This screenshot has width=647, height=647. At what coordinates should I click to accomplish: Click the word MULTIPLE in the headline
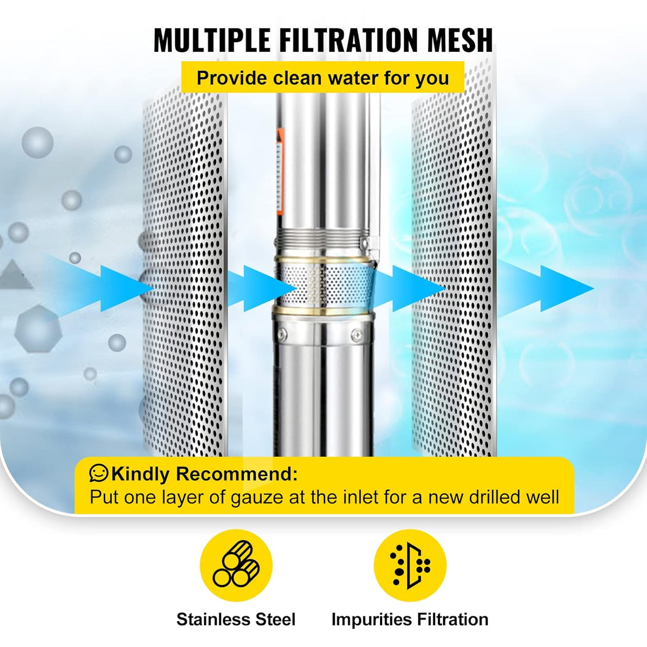[x=212, y=40]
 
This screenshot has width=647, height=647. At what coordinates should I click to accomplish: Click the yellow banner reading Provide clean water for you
[x=322, y=77]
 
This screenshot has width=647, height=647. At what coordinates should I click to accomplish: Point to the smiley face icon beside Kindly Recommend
[x=99, y=473]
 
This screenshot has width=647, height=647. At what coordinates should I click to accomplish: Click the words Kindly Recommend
[x=204, y=474]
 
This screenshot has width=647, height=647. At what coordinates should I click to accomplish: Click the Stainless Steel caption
[x=236, y=620]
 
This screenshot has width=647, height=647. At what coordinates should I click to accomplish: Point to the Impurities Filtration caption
[x=410, y=620]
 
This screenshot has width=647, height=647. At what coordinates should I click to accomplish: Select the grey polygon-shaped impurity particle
[x=38, y=329]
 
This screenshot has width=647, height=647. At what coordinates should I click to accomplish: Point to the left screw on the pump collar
[x=282, y=333]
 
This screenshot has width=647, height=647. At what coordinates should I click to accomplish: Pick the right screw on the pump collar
[x=356, y=334]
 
